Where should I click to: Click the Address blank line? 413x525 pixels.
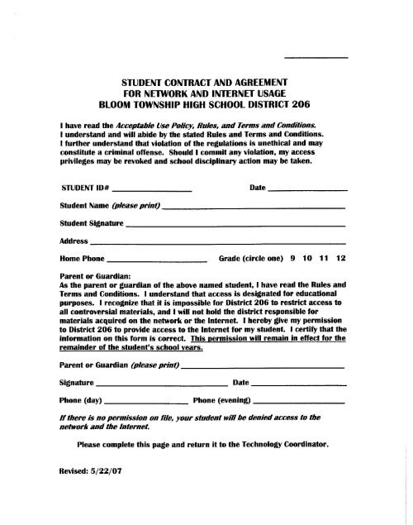click(x=217, y=246)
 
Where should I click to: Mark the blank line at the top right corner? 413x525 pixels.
click(x=316, y=57)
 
